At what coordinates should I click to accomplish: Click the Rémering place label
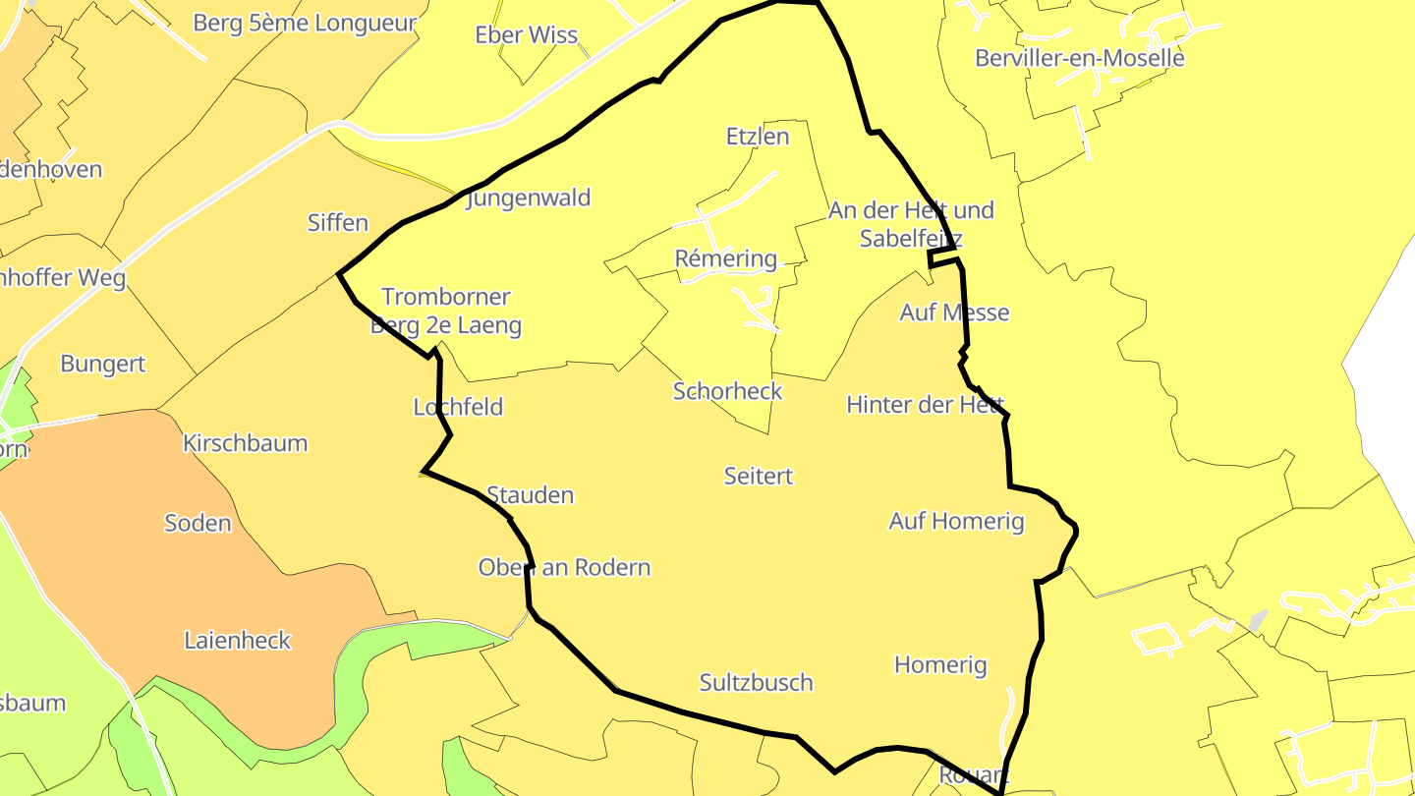[725, 259]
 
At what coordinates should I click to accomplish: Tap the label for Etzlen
[757, 137]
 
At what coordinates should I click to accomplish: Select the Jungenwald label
[529, 199]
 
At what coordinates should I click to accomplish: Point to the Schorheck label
[727, 391]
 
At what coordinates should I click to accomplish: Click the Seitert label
[758, 477]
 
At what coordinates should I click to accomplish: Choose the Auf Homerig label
[956, 522]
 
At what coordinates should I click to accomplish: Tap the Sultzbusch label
[756, 683]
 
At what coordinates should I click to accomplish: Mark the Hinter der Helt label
[925, 405]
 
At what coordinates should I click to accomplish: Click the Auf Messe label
[954, 313]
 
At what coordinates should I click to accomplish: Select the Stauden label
[530, 495]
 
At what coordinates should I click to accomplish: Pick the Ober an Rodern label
[564, 568]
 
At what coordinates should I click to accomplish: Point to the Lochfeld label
[458, 407]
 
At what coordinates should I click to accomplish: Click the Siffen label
[337, 223]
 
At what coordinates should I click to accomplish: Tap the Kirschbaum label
[245, 443]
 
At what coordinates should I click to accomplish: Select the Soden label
[198, 523]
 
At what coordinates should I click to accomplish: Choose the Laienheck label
[238, 641]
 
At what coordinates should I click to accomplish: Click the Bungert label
[102, 364]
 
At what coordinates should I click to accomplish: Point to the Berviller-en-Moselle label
[1079, 58]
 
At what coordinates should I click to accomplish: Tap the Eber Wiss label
[526, 35]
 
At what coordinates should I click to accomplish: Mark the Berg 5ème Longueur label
[305, 24]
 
